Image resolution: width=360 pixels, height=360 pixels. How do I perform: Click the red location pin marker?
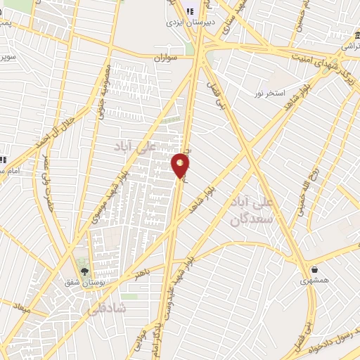pyautogui.click(x=181, y=165)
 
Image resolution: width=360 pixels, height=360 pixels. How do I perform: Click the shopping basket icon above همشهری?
pyautogui.click(x=314, y=269)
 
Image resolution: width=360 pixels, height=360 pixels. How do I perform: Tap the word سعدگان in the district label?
pyautogui.click(x=247, y=219)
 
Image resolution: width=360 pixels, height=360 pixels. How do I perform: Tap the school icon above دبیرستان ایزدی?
pyautogui.click(x=191, y=10)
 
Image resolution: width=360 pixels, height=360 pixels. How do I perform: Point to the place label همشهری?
pyautogui.click(x=314, y=280)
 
